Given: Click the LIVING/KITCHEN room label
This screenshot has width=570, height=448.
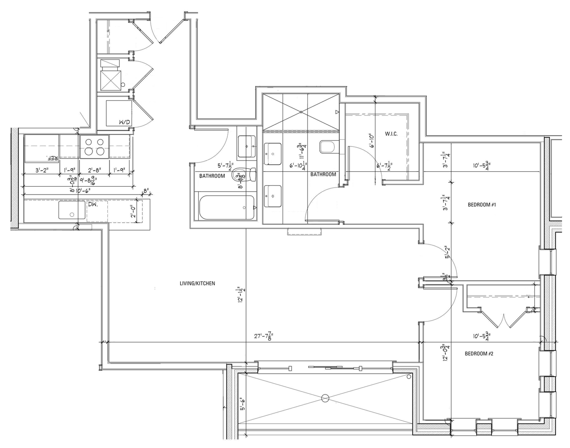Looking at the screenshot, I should tap(197, 284).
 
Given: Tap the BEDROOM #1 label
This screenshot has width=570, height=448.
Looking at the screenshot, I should tap(482, 205).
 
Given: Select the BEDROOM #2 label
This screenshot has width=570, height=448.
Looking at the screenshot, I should tap(478, 353).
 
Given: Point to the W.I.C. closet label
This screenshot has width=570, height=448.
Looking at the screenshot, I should tap(391, 134).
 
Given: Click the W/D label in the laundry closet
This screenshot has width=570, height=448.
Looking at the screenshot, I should tap(124, 122).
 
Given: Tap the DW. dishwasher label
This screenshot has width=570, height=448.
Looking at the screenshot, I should tap(92, 204).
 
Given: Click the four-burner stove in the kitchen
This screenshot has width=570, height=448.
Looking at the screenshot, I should tap(94, 146).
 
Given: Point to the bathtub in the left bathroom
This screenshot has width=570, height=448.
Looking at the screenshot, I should tap(227, 208).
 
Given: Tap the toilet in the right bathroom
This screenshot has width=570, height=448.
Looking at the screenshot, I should tap(327, 146).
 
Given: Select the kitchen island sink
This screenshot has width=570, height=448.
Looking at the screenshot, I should tap(71, 210).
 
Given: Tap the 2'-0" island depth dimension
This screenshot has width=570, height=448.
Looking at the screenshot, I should tap(133, 212).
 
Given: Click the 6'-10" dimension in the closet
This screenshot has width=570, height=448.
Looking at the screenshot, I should tap(371, 141).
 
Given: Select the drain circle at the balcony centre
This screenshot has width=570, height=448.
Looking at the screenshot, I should tap(325, 398).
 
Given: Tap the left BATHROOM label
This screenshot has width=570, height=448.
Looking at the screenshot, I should tap(212, 176).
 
